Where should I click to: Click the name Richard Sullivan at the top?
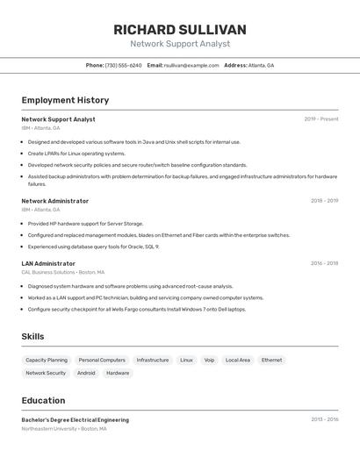180,30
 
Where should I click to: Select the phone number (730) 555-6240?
123,66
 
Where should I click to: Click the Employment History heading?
65,100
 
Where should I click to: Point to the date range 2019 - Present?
321,119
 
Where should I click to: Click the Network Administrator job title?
54,201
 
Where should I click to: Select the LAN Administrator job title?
48,263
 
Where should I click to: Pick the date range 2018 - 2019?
324,201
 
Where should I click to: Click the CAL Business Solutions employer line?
62,272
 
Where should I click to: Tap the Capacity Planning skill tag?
47,360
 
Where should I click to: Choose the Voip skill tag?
209,360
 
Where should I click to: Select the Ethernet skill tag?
271,360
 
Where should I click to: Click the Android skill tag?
86,373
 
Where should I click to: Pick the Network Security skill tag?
46,373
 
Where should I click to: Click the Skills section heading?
32,336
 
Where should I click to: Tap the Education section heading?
43,400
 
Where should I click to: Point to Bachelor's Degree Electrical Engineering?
75,420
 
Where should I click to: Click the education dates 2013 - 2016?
324,419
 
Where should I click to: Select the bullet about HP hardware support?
85,224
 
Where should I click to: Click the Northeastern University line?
64,429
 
